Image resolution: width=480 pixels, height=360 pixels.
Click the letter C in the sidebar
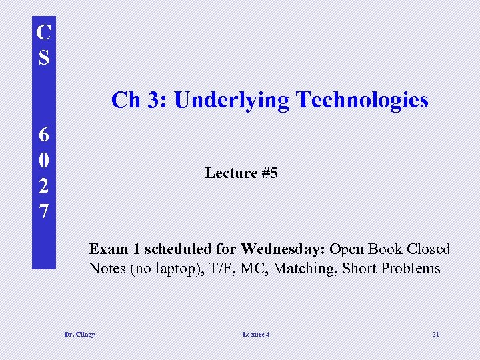(43, 33)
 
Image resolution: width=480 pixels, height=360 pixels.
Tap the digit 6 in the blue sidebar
(43, 135)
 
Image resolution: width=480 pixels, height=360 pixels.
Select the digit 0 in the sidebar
(43, 160)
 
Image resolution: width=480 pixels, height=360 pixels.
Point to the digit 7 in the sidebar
(43, 211)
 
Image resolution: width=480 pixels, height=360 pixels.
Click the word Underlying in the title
(231, 101)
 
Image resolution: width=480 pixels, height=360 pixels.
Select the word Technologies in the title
(362, 100)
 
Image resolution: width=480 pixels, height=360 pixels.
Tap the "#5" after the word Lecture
(269, 173)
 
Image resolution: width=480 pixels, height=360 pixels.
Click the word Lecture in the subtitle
(231, 173)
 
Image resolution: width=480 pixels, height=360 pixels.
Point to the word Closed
(426, 249)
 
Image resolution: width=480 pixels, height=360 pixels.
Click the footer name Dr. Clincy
(79, 334)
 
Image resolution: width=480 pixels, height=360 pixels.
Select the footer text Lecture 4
(256, 334)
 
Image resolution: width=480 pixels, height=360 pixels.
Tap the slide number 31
(435, 334)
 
